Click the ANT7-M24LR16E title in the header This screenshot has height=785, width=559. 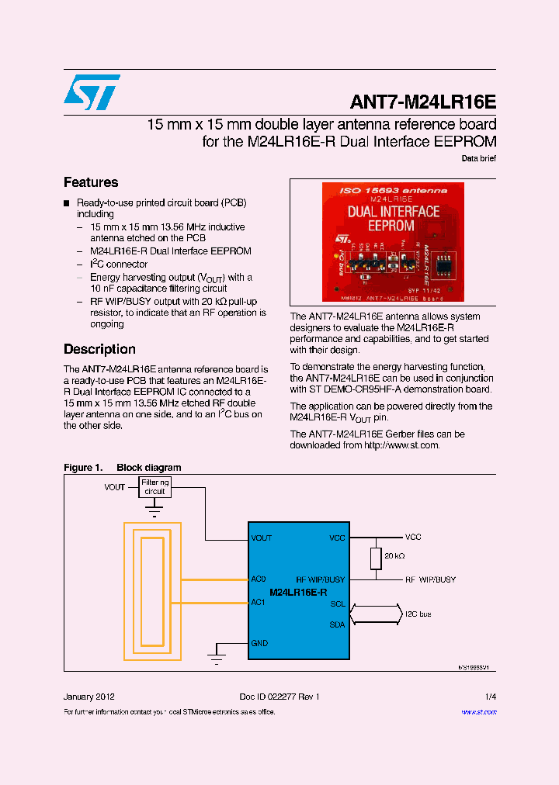tap(423, 102)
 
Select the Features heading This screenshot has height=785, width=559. tap(91, 182)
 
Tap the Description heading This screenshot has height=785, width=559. tap(99, 349)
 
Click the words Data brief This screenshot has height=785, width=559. tap(478, 158)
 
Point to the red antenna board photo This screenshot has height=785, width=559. tap(392, 241)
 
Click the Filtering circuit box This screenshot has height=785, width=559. tap(155, 486)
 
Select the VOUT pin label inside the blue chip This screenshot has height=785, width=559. tap(262, 538)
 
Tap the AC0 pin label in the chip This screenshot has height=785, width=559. tap(259, 579)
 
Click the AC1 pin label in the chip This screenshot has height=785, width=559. tap(259, 602)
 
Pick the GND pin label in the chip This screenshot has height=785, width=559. tap(259, 643)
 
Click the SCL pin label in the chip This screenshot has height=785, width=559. tap(337, 603)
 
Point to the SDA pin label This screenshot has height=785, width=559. tap(337, 624)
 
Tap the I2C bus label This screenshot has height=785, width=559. tap(418, 614)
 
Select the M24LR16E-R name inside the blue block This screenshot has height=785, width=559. tap(298, 592)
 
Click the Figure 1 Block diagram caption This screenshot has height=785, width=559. tap(122, 468)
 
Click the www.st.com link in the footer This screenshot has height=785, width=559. tap(478, 711)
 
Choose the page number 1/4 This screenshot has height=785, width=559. tap(490, 697)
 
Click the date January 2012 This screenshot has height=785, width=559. tap(89, 697)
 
